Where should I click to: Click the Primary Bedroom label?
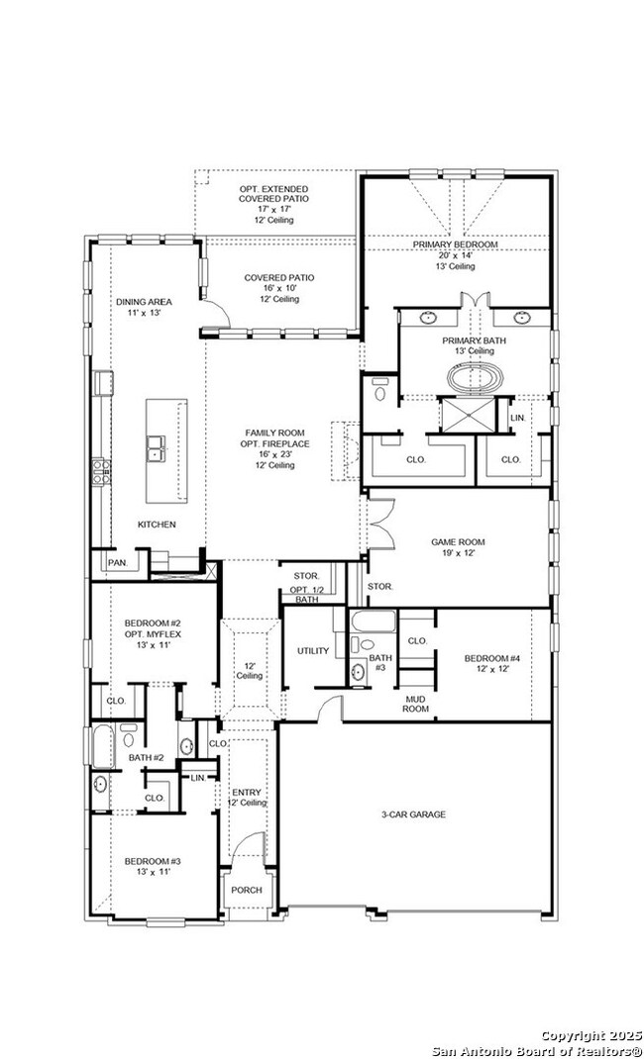click(x=456, y=244)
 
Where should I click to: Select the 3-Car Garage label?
click(x=413, y=815)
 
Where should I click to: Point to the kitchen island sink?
click(x=157, y=447)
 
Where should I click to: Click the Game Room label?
click(x=458, y=541)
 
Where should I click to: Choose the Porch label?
click(x=247, y=890)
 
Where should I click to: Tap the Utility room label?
click(x=313, y=651)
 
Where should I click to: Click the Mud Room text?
click(x=415, y=704)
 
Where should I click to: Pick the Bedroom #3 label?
click(x=152, y=861)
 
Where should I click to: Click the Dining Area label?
click(x=144, y=302)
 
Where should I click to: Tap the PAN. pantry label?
click(x=118, y=562)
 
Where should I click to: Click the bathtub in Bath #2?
click(x=103, y=747)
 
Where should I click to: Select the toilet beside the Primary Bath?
click(x=379, y=390)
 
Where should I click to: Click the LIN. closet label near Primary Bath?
click(x=517, y=419)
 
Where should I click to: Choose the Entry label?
click(x=247, y=792)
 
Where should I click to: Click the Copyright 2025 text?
click(x=591, y=1036)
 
